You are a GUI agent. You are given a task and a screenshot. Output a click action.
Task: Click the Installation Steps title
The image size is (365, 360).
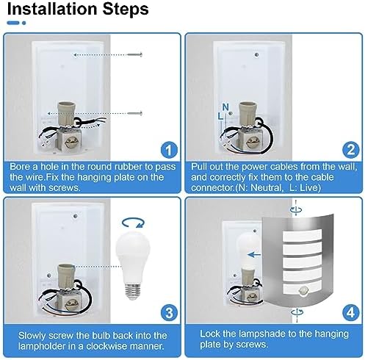79,10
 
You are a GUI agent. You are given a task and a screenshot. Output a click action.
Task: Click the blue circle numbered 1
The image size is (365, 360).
168,151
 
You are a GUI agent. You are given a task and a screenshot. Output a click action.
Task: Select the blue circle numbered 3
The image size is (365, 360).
168,312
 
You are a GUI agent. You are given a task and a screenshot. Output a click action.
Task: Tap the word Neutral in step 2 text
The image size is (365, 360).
296,187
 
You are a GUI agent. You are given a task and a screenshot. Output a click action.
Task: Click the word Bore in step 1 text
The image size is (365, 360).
21,167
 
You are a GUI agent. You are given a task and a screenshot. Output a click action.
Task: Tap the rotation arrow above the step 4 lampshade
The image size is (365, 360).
294,209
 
